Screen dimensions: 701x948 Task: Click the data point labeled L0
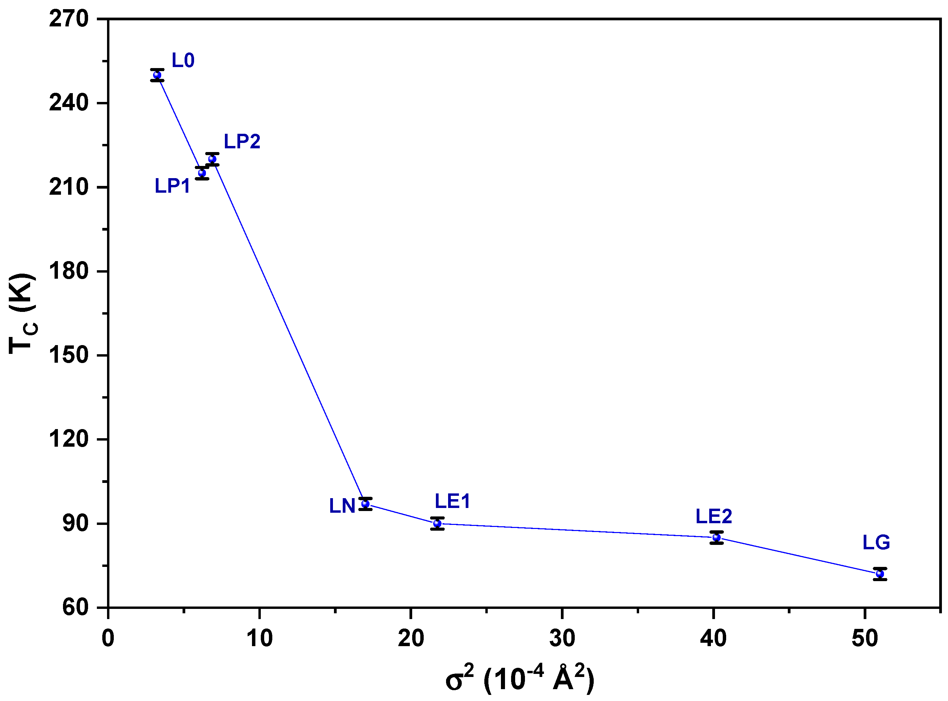157,75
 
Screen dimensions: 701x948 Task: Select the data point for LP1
202,173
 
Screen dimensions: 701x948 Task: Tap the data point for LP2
212,159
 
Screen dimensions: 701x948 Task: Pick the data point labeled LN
365,504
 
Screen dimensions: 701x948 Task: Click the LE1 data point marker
437,524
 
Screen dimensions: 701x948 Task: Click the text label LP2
242,141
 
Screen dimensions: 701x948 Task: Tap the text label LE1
452,502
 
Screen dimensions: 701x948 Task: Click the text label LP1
172,186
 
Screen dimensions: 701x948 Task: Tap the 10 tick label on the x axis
259,638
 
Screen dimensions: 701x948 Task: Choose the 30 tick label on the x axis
562,638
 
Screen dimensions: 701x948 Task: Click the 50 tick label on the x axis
865,638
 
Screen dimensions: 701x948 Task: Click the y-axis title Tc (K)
23,314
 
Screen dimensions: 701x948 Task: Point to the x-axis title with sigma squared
520,678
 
